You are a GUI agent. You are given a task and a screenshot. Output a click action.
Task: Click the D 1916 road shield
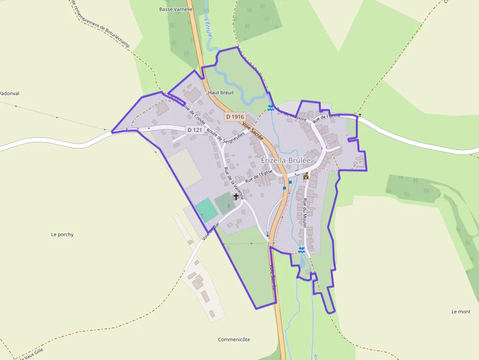pyautogui.click(x=235, y=117)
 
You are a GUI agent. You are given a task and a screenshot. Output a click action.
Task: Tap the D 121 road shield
pyautogui.click(x=195, y=130)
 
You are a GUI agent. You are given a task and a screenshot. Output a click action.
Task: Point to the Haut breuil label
pyautogui.click(x=221, y=92)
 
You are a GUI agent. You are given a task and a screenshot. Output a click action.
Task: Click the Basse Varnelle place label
pyautogui.click(x=176, y=9)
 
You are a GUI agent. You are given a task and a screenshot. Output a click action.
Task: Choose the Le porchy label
pyautogui.click(x=62, y=234)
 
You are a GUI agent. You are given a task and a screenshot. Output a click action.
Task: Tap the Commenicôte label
pyautogui.click(x=234, y=339)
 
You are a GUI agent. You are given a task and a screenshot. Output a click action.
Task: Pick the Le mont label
pyautogui.click(x=461, y=312)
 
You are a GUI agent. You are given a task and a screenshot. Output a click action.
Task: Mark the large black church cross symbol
pyautogui.click(x=236, y=197)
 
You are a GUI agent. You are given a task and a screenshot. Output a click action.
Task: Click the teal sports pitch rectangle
pyautogui.click(x=206, y=209)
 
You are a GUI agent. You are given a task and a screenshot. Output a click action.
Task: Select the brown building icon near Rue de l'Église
pyautogui.click(x=306, y=176)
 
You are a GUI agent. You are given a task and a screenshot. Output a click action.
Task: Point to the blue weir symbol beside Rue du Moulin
pyautogui.click(x=302, y=250)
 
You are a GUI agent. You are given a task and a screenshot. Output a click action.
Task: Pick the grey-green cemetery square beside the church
pyautogui.click(x=224, y=203)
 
